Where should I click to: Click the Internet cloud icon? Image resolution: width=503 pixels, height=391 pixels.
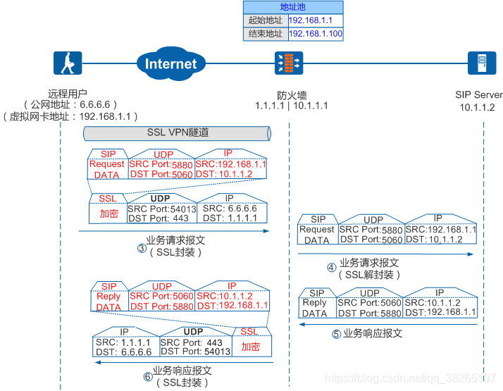[x=171, y=63]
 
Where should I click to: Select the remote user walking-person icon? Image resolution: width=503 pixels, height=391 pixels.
[x=68, y=63]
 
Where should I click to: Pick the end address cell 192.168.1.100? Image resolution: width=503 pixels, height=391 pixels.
[x=315, y=33]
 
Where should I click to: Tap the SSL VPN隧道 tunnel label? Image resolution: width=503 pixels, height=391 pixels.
[x=178, y=132]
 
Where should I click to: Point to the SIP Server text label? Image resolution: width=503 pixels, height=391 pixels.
[x=478, y=95]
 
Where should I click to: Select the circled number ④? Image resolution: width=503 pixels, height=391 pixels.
[x=333, y=268]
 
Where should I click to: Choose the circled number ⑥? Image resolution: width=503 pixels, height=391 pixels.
[x=148, y=376]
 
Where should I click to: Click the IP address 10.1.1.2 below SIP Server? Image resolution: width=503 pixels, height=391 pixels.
[x=478, y=107]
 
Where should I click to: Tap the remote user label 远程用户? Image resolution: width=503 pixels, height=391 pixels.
[x=68, y=94]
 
